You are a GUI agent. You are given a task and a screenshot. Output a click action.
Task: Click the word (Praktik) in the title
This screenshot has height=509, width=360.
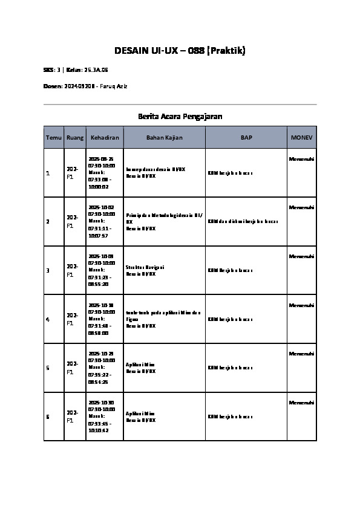(x=226, y=51)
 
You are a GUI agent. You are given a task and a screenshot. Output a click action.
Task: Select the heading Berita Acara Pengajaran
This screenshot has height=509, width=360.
(x=180, y=116)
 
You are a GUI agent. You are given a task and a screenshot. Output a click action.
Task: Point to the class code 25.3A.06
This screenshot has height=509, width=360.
(x=96, y=70)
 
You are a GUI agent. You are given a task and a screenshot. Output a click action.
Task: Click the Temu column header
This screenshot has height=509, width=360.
(x=54, y=138)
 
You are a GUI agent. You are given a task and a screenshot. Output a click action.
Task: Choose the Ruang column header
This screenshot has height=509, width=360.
(x=75, y=138)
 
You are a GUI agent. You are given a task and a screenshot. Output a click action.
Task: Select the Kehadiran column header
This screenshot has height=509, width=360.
(x=105, y=138)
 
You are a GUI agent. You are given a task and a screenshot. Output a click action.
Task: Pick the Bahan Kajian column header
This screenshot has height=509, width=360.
(x=164, y=138)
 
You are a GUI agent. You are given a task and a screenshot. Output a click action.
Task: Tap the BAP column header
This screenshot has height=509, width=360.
(x=246, y=138)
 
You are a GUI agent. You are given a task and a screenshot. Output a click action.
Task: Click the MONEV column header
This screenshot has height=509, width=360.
(x=301, y=138)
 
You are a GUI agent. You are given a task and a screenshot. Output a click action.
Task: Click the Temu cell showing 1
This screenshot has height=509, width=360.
(x=48, y=173)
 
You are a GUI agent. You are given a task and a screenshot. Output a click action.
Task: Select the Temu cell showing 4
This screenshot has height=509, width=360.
(x=48, y=319)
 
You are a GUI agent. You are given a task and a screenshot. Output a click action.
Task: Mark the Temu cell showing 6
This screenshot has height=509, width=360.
(x=48, y=417)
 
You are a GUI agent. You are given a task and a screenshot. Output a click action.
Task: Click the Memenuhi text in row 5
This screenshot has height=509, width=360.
(x=301, y=354)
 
